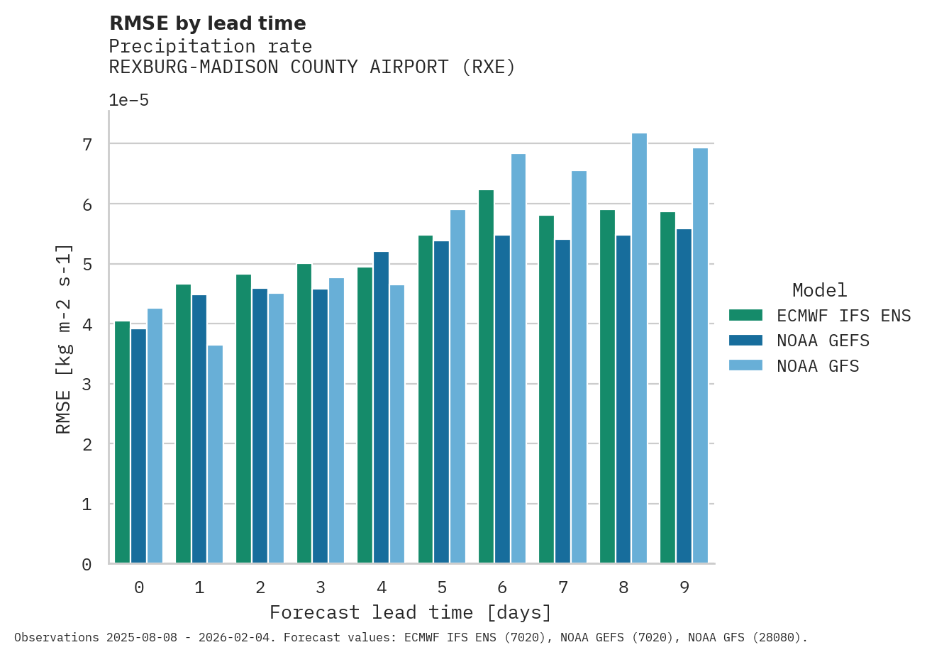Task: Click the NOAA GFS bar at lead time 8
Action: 639,348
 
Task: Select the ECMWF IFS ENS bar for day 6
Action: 486,377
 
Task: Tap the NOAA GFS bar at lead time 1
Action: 215,454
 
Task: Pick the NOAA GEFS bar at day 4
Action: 381,407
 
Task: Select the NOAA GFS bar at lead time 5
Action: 457,387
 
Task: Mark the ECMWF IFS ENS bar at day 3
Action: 304,414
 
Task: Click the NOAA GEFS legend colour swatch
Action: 745,341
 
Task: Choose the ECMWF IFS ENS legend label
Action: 843,316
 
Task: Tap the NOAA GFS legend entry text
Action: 818,366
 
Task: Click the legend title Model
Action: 819,290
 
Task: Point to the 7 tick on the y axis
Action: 87,145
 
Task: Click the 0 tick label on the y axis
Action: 87,565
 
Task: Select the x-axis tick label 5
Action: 442,587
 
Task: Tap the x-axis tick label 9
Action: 684,587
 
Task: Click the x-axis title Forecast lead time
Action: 410,612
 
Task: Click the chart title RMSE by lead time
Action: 207,23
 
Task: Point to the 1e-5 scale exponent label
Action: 128,100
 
